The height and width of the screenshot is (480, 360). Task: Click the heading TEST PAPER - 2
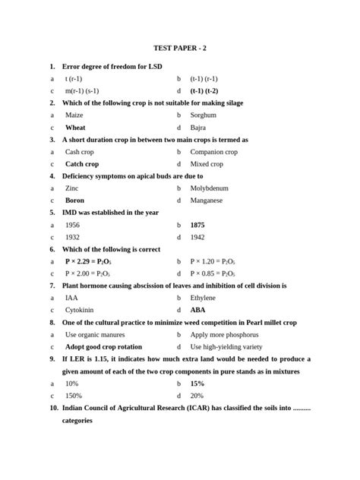pyautogui.click(x=179, y=48)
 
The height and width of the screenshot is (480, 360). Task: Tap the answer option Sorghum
pyautogui.click(x=204, y=115)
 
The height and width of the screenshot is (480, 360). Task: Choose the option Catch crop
pyautogui.click(x=82, y=164)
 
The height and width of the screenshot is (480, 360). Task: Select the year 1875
pyautogui.click(x=197, y=226)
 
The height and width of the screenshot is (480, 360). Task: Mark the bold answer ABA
pyautogui.click(x=197, y=311)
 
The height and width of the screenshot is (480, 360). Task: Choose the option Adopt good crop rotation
pyautogui.click(x=103, y=347)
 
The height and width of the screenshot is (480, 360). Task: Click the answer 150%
pyautogui.click(x=74, y=396)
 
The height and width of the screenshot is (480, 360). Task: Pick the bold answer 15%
pyautogui.click(x=197, y=384)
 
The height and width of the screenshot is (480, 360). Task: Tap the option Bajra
pyautogui.click(x=199, y=128)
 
